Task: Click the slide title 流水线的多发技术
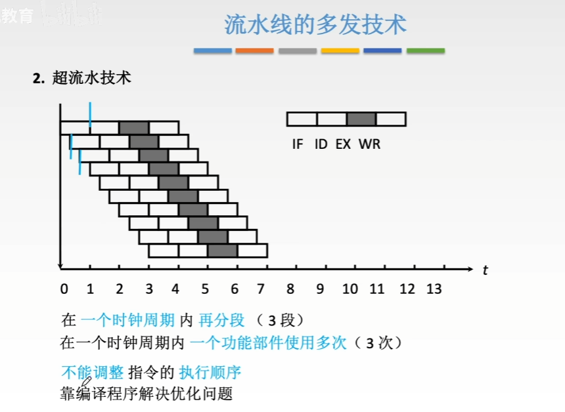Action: tap(315, 25)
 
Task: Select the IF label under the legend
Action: tap(298, 144)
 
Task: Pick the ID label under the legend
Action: tap(321, 144)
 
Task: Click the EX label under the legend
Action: tap(343, 144)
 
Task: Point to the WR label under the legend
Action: tap(369, 144)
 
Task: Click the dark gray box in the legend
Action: tap(361, 119)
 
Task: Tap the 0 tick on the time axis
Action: tap(63, 289)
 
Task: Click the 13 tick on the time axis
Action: tap(434, 289)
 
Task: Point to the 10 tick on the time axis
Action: tap(350, 289)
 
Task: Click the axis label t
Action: tap(485, 270)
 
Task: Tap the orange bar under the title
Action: tap(254, 51)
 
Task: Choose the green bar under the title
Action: tap(425, 51)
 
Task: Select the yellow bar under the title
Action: tap(340, 51)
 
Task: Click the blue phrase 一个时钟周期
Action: tap(128, 320)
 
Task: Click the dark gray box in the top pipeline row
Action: tap(134, 127)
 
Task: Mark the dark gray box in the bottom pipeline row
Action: tap(223, 251)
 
